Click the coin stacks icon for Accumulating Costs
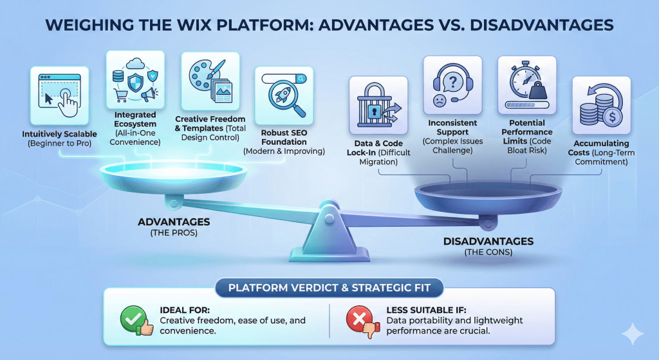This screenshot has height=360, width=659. click(x=600, y=107)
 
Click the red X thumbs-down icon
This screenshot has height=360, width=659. click(x=360, y=319)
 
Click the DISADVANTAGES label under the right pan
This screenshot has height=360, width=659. click(x=488, y=242)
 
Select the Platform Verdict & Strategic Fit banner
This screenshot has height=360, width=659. click(x=329, y=287)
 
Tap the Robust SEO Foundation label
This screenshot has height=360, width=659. click(x=284, y=138)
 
